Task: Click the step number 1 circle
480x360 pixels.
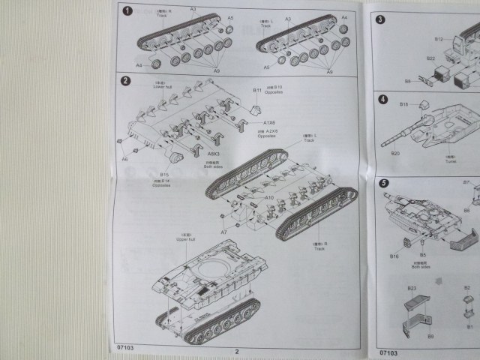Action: tap(128, 10)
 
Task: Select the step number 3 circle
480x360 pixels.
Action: tap(380, 19)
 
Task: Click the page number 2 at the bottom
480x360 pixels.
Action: tap(235, 351)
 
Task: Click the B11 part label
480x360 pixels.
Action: tap(257, 90)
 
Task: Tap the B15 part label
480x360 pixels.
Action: tap(164, 175)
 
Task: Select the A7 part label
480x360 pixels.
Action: tap(223, 233)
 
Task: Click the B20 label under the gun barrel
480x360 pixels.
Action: tap(395, 153)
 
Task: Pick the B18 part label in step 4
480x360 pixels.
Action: tap(403, 103)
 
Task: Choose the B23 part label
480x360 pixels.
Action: tap(412, 287)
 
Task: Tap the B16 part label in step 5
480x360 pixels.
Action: tap(394, 256)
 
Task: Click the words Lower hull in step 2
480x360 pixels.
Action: tap(163, 87)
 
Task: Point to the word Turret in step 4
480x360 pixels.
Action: tap(450, 160)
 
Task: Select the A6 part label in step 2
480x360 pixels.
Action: tap(124, 159)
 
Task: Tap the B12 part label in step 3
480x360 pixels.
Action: tap(439, 37)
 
